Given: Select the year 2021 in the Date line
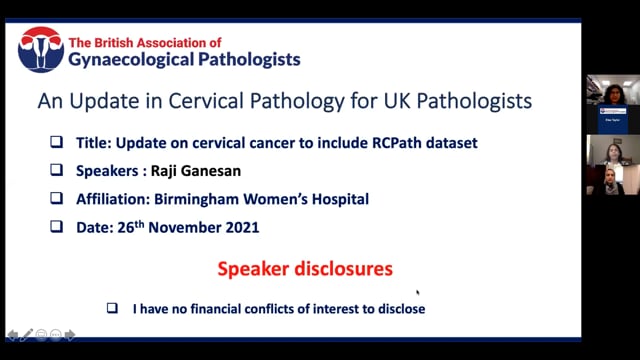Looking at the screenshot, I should click(x=238, y=228).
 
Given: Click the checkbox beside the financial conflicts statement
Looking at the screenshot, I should click(x=113, y=309).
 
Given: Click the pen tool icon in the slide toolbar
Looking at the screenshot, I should click(x=27, y=334).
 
